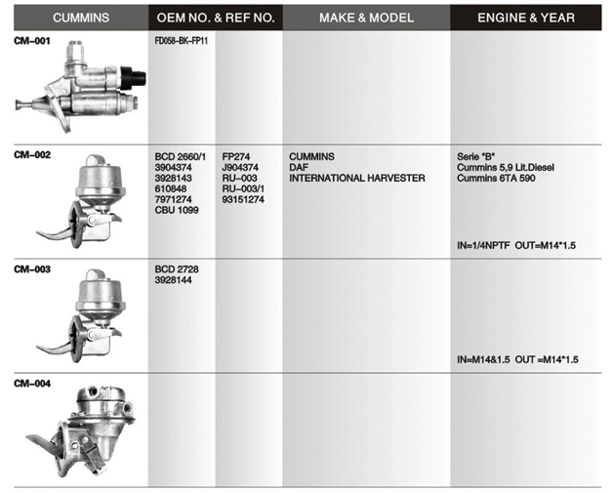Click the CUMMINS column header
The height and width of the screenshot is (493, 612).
tap(81, 18)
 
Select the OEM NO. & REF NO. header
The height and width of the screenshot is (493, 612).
tap(216, 18)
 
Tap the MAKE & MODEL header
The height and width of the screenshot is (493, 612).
tap(366, 18)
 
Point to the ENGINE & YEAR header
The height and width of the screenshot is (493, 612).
tap(526, 18)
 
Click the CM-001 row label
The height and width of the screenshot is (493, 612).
tap(32, 41)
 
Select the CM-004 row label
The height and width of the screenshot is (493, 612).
tap(32, 384)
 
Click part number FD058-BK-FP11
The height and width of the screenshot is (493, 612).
tap(182, 41)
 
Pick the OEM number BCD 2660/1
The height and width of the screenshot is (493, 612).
tap(180, 156)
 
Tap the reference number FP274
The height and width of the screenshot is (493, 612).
tap(236, 156)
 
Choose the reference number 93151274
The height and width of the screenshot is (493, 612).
tap(243, 199)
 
